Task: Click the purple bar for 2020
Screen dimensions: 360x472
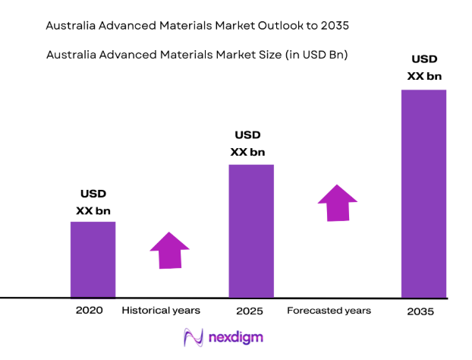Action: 93,259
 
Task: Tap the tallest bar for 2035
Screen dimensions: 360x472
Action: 423,193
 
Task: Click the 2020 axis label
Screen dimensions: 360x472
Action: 89,311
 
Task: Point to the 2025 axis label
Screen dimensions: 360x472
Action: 250,311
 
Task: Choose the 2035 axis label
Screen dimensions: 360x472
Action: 422,311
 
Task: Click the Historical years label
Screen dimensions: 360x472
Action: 161,311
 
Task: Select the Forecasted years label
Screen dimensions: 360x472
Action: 329,311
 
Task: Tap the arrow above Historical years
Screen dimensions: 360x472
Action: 170,251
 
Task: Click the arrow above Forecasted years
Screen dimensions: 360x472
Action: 337,203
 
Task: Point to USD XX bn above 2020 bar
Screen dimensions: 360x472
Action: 93,201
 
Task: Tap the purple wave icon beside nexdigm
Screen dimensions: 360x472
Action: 193,336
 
